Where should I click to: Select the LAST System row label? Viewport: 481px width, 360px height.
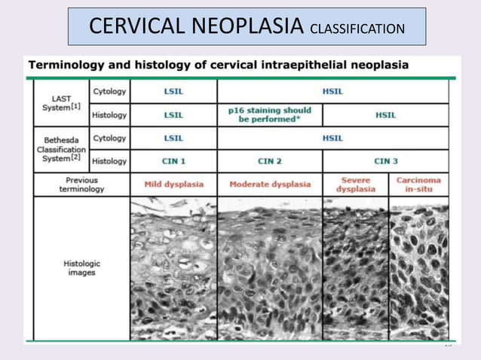62,102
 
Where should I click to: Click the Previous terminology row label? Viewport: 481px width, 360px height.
81,185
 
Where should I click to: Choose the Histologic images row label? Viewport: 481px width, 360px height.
81,267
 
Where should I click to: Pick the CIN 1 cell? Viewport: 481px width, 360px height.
173,160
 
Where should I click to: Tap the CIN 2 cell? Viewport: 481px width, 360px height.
270,160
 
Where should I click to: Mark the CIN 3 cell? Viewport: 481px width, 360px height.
385,160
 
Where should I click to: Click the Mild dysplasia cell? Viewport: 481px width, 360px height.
173,185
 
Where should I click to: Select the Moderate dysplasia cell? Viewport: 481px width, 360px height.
270,185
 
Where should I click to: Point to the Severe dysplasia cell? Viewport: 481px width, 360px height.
355,185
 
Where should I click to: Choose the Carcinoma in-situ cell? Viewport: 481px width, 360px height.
418,185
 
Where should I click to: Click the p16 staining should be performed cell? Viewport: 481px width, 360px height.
270,114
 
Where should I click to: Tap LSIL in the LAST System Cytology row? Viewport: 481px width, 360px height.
173,91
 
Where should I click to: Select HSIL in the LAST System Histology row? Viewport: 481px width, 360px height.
385,114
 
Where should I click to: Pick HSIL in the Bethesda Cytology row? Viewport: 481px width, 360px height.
332,138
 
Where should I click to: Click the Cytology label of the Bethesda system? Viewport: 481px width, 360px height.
109,138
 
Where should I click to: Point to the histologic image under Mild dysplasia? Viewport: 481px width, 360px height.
173,269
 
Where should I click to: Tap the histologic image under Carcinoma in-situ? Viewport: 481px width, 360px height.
418,269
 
